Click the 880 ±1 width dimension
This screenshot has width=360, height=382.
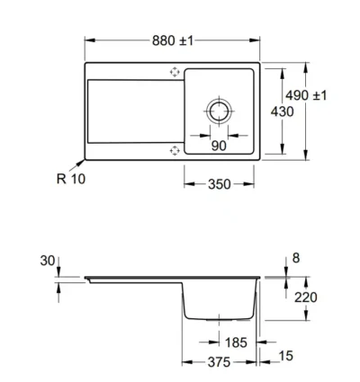173,40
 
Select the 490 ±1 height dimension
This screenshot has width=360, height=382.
306,95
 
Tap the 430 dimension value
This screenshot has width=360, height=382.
282,111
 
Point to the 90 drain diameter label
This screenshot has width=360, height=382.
219,146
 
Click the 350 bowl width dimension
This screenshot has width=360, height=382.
220,184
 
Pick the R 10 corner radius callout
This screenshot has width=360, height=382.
71,179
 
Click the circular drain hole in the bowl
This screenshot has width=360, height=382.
219,111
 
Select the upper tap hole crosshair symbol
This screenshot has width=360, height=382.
175,72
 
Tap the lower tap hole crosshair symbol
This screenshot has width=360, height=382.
175,150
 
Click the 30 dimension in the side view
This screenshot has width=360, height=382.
48,261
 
